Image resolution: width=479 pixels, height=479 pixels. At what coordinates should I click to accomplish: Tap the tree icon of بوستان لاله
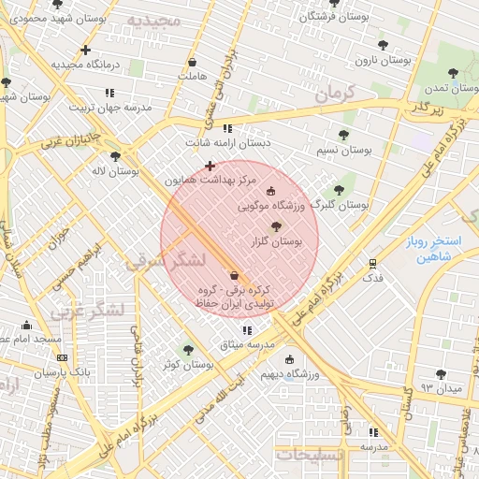point(115,156)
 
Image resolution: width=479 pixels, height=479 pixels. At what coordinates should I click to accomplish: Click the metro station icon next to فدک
point(373,263)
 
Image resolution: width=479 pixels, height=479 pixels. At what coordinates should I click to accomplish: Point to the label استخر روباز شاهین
point(428,249)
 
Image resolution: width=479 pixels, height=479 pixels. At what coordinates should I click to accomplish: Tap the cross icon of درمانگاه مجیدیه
point(85,50)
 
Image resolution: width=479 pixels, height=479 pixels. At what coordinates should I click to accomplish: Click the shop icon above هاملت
point(192,62)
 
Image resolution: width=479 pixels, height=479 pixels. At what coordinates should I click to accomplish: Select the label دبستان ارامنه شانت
point(227,143)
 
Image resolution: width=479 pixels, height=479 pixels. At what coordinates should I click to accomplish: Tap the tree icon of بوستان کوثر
point(188,350)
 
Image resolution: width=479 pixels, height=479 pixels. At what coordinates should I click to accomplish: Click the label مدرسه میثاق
point(247,345)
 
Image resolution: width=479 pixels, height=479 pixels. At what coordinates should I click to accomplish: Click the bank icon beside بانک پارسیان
point(62,357)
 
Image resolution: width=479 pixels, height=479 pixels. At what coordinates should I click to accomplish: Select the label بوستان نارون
point(384,60)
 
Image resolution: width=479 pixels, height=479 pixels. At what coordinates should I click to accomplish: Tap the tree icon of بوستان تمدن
point(453,73)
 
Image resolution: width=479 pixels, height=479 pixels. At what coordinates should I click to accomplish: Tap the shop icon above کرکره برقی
point(233,275)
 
